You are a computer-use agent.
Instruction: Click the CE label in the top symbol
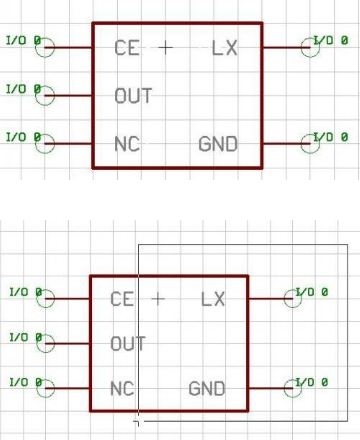click(127, 48)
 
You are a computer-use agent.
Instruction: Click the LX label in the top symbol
click(224, 48)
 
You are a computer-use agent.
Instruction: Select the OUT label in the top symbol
click(133, 96)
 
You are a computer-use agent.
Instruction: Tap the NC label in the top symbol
click(127, 144)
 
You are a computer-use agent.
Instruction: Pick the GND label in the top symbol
click(218, 144)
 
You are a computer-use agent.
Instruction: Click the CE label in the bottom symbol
click(122, 299)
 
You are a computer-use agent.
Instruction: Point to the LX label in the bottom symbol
click(213, 299)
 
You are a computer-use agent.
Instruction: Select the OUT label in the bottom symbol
click(128, 344)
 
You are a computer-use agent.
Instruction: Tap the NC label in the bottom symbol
click(122, 389)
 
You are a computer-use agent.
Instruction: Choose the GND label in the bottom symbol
click(207, 389)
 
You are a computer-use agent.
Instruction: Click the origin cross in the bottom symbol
click(158, 298)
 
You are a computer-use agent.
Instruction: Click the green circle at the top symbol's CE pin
click(45, 47)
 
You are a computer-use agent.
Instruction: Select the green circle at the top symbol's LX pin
click(310, 47)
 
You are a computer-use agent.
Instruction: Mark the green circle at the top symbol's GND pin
click(310, 144)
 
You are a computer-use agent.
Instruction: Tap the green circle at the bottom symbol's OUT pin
click(45, 343)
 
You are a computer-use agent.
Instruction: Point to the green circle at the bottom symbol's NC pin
click(45, 388)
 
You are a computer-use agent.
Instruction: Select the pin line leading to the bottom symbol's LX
click(270, 298)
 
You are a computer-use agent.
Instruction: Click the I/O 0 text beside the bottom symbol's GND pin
click(311, 382)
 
